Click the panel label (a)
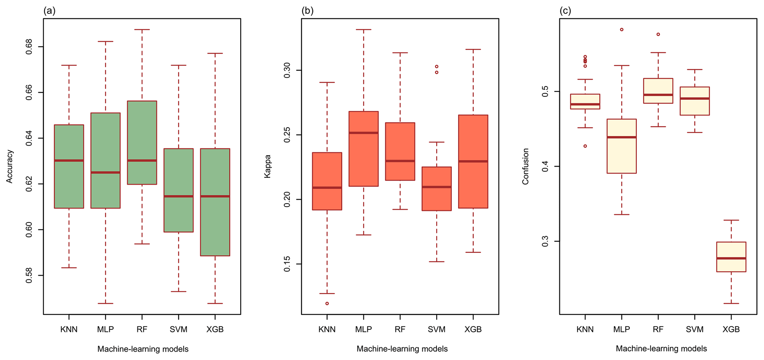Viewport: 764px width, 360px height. pos(50,11)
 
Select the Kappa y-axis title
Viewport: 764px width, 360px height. pos(267,166)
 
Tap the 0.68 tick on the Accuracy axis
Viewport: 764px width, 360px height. pos(29,47)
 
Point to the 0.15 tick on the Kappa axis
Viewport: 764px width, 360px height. pos(287,264)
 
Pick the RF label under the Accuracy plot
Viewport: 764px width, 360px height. pos(142,329)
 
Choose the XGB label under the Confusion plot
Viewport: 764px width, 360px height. pos(731,329)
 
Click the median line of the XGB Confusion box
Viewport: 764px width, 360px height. pos(731,258)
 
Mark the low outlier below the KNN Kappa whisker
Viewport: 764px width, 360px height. pos(327,303)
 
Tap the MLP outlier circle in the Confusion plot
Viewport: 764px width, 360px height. pos(622,30)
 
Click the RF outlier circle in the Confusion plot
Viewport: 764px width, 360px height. pos(658,34)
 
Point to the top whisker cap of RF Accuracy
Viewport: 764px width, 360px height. pos(142,29)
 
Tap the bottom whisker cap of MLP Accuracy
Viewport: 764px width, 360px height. pos(105,303)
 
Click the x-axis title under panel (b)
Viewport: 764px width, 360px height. pos(402,349)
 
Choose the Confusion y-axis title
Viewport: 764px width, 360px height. pos(526,166)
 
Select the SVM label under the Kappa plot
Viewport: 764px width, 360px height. pos(437,329)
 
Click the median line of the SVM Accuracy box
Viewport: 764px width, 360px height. pos(179,196)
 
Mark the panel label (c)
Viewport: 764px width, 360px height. pos(566,11)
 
